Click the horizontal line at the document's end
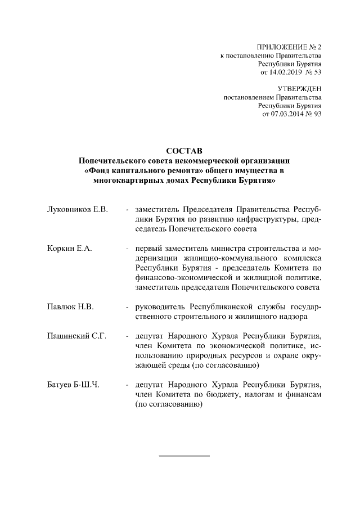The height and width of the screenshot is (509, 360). coord(184,454)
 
